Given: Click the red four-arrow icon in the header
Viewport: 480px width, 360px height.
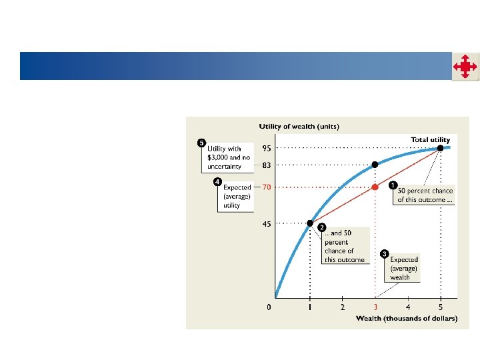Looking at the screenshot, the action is pos(465,67).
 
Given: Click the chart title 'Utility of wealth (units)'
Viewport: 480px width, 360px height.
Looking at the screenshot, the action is pos(299,127).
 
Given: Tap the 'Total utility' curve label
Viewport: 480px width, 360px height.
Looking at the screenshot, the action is pos(430,139).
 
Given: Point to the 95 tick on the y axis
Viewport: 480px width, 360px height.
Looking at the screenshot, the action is pos(265,148).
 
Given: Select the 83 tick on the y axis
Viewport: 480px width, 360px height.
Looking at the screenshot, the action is pos(265,165).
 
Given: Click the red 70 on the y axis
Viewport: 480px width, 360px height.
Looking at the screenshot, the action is pos(266,187).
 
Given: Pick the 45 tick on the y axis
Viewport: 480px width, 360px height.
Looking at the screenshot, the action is pos(265,224).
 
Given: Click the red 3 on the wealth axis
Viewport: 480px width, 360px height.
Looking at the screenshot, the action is pos(375,307).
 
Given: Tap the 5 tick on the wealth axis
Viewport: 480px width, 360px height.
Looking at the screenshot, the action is pos(440,307).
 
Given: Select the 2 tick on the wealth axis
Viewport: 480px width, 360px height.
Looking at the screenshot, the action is pos(343,307).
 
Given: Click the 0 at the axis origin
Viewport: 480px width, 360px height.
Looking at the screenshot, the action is pos(269,307).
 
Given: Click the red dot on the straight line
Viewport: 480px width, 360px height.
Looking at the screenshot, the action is pos(375,187).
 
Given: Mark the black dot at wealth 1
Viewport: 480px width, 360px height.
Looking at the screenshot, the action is pos(310,223).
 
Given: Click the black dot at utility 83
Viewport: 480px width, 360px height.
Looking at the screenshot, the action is pos(375,164).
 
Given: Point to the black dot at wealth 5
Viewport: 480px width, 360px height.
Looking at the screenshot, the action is pos(440,147).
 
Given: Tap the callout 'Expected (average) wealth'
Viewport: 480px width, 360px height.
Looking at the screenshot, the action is pos(404,268).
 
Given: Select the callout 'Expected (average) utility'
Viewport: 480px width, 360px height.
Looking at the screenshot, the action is pos(236,196).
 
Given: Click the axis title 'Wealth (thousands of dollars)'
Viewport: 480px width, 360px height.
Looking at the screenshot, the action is pos(407,319).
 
